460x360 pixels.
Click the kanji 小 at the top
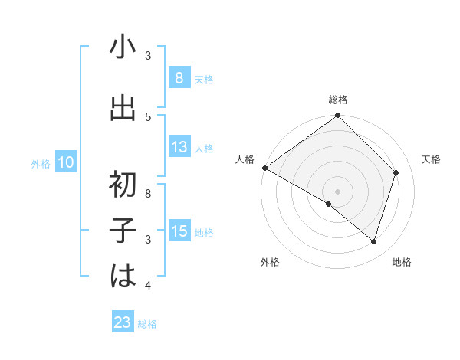123,47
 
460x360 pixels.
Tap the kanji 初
123,184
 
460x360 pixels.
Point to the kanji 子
123,230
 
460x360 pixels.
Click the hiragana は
123,276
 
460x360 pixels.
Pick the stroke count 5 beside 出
148,116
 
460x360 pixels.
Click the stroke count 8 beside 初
148,194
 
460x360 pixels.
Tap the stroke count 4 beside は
148,286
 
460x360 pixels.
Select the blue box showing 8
179,78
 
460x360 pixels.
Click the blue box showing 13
179,147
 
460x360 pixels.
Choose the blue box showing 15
179,231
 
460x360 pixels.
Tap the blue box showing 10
65,162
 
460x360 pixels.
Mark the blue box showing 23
123,322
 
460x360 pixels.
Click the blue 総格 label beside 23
147,324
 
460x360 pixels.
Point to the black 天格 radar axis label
431,159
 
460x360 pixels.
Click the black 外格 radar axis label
270,262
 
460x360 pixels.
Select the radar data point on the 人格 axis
264,168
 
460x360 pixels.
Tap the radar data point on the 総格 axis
338,116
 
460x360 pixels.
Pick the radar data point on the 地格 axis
373,241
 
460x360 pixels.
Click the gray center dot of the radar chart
337,191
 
